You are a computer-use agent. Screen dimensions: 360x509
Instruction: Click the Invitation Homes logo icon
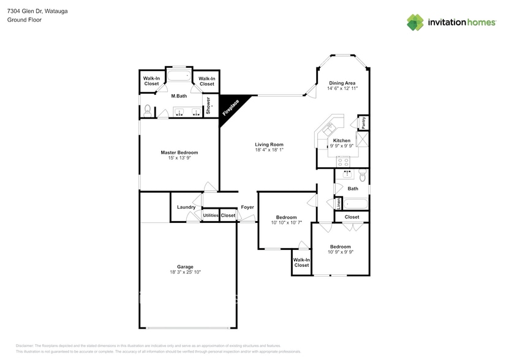tap(415, 22)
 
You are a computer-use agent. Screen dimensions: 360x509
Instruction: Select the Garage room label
tap(185, 266)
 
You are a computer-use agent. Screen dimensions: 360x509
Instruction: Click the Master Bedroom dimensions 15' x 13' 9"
tap(179, 158)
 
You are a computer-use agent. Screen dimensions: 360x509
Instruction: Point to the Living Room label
tap(269, 144)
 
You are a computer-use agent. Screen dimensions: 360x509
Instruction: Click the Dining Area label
tap(342, 83)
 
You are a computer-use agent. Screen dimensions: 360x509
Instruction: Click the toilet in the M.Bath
tap(148, 111)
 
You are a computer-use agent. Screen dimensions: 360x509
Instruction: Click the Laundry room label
tap(186, 207)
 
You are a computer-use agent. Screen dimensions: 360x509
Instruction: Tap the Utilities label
tap(211, 216)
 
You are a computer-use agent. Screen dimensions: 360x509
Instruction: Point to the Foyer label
tap(247, 207)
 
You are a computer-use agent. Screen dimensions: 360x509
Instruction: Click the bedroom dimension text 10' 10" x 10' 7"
tap(286, 223)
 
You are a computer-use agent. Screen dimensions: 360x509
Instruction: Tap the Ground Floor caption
tap(24, 20)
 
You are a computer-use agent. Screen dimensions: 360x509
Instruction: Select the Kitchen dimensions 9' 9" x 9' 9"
tap(342, 146)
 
